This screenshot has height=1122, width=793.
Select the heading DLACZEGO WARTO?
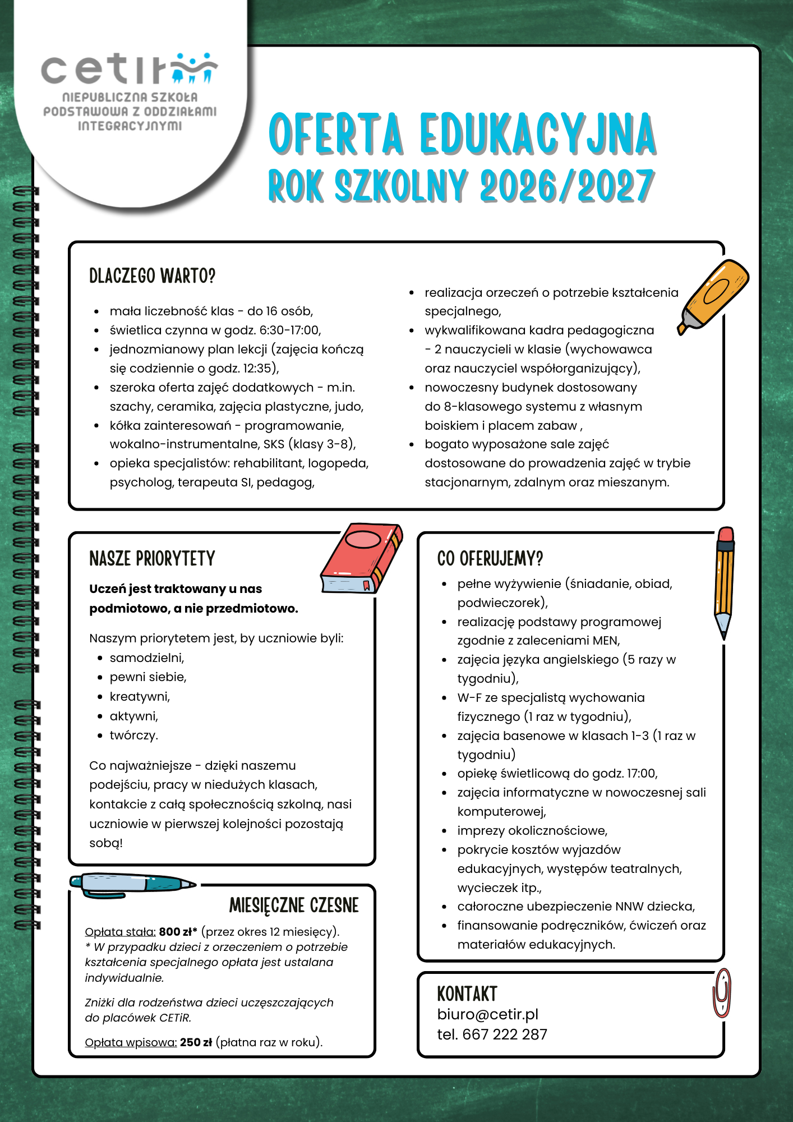(152, 276)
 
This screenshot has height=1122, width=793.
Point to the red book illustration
(362, 558)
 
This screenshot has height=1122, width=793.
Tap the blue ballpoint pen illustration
(132, 884)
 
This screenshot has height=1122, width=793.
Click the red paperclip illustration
(722, 993)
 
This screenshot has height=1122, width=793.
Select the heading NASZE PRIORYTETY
(152, 559)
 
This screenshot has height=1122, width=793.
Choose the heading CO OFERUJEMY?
(490, 559)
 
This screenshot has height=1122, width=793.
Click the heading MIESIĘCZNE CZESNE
(294, 905)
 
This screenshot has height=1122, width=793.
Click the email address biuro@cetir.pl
(487, 1014)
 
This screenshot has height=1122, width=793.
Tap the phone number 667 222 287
(504, 1034)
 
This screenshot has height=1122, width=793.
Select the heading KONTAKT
(467, 994)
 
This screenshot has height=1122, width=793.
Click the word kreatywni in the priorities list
(139, 697)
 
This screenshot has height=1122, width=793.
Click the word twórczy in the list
(133, 735)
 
